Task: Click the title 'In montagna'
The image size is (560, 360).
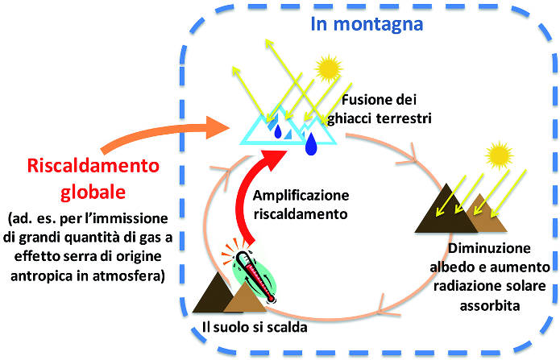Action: (x=367, y=23)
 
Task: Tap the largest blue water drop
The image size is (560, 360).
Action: (x=311, y=143)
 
